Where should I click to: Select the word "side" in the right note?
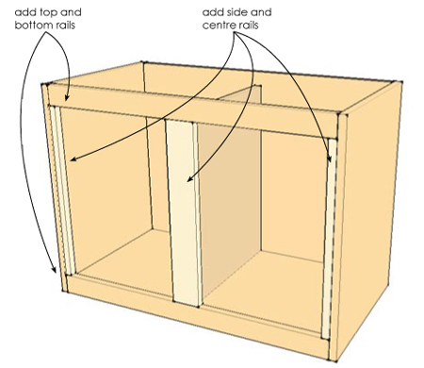[237, 12]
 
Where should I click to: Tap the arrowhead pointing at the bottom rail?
[57, 273]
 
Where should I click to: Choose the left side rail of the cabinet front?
[63, 189]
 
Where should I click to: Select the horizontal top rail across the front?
[188, 106]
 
